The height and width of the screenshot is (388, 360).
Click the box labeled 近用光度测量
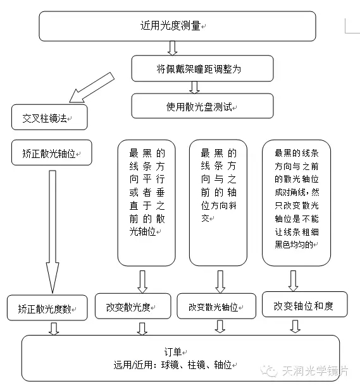click(x=177, y=26)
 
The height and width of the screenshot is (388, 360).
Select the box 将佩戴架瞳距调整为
click(x=202, y=68)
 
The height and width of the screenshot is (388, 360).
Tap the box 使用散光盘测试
click(x=202, y=106)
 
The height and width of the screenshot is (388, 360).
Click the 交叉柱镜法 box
click(x=49, y=117)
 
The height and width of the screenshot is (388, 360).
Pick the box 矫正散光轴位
click(x=51, y=152)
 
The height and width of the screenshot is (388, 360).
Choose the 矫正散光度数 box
click(x=47, y=308)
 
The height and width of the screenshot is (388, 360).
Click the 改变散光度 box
click(x=133, y=306)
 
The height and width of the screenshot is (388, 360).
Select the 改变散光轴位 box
click(x=216, y=306)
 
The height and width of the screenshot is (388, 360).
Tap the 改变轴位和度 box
click(x=305, y=305)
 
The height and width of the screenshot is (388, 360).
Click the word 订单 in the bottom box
click(x=173, y=351)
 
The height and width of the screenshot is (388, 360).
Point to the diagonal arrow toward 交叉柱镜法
click(x=92, y=87)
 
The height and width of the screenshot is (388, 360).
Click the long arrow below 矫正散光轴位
click(x=53, y=232)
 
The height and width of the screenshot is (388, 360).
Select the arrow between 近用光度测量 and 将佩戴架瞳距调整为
click(x=173, y=48)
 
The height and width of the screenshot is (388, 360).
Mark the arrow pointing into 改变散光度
click(x=142, y=282)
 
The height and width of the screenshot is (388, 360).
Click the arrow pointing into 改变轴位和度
click(x=293, y=281)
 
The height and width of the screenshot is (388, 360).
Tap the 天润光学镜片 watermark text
click(x=315, y=371)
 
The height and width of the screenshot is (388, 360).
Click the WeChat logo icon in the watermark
click(x=268, y=371)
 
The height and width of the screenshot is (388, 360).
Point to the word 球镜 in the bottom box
click(x=170, y=365)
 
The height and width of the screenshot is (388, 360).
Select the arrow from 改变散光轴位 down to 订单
click(x=220, y=326)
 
